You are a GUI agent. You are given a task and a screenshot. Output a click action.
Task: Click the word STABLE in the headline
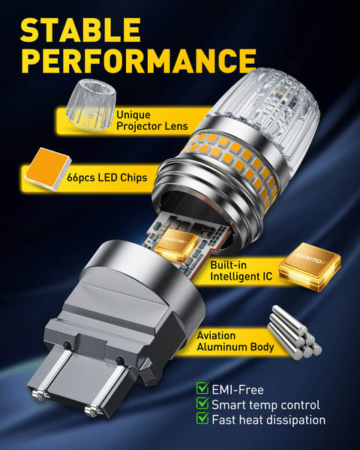tap(80, 29)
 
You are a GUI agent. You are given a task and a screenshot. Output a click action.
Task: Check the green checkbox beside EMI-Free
tap(202, 389)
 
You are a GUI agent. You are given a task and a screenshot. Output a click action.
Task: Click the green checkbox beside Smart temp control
tap(202, 405)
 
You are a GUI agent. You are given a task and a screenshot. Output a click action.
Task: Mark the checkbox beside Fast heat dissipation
tap(202, 421)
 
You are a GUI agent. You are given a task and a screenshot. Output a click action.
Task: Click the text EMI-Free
tap(238, 389)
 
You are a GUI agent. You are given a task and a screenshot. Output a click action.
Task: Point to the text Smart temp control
tap(266, 405)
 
